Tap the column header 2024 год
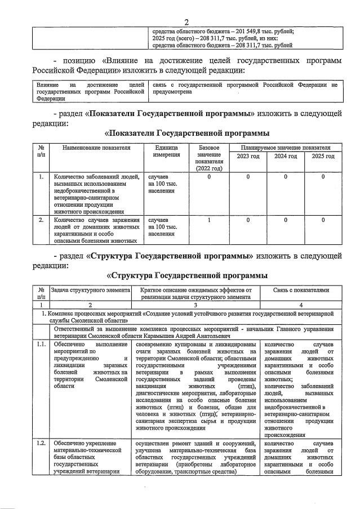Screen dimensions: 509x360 [286, 156]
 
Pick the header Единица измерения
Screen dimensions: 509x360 [163, 151]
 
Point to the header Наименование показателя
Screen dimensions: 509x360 [96, 148]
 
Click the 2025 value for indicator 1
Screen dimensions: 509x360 [323, 177]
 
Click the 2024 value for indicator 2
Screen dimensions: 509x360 [286, 220]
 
